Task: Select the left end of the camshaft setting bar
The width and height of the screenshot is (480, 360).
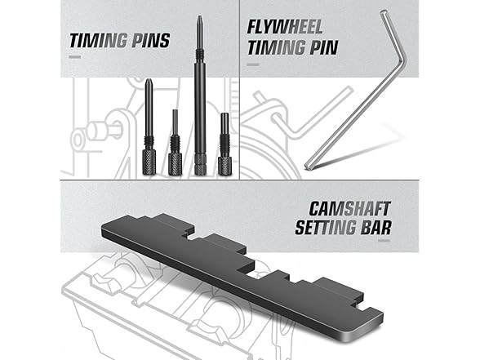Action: click(x=107, y=229)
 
